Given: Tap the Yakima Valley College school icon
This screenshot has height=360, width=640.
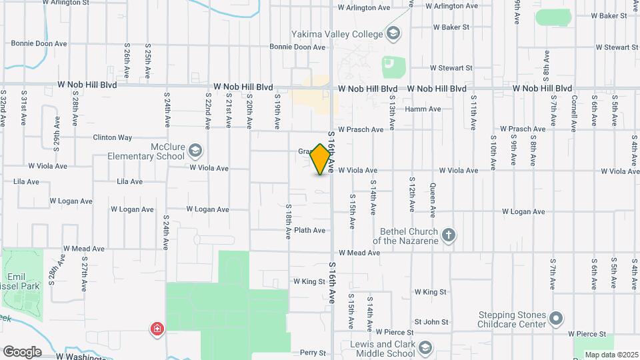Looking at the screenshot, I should click(x=393, y=33).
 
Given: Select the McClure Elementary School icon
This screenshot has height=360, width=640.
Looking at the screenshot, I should click(x=195, y=149).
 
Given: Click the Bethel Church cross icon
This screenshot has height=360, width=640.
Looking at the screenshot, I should click(x=449, y=234).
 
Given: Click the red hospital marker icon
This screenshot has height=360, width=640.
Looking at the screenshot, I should click(x=157, y=329).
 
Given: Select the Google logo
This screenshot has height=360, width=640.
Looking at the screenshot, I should click(x=22, y=351).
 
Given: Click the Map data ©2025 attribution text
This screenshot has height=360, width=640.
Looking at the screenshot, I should click(x=612, y=355).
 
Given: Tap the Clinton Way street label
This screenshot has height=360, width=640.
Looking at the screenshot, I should click(x=112, y=138).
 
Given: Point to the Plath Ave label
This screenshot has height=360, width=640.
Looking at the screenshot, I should click(x=309, y=231).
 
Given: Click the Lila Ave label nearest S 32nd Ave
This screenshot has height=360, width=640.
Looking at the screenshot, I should click(x=27, y=181).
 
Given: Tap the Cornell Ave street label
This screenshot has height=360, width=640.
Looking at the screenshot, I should click(x=574, y=111).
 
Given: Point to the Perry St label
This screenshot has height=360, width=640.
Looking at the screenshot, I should click(x=313, y=353).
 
